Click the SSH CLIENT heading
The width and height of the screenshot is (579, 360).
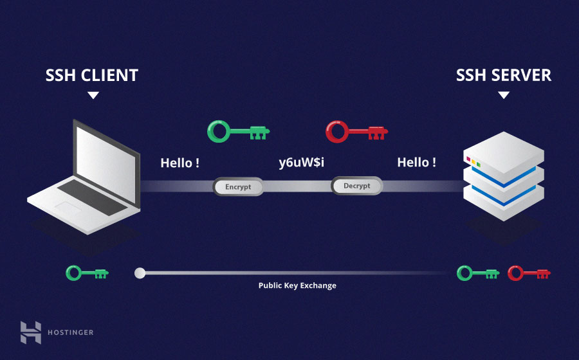click(x=92, y=75)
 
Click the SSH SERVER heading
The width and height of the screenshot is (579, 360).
click(x=504, y=75)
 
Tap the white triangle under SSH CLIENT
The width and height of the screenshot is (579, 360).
click(x=93, y=95)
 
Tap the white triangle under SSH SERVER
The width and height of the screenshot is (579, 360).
click(x=504, y=95)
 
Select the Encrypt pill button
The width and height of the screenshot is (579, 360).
click(x=238, y=187)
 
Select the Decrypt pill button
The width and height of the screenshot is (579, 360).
click(x=356, y=186)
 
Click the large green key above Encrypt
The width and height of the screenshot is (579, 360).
click(x=237, y=132)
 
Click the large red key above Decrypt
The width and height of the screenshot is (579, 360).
click(x=356, y=132)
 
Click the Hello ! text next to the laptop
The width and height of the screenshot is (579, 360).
click(x=179, y=163)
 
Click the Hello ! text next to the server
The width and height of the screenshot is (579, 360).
click(x=416, y=163)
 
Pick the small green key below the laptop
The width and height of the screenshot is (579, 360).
click(x=87, y=273)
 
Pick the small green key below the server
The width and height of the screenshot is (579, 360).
click(x=478, y=273)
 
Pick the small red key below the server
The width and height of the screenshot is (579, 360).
click(x=529, y=273)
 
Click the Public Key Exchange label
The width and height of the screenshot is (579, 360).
click(x=297, y=285)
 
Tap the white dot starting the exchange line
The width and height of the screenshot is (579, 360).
click(x=140, y=273)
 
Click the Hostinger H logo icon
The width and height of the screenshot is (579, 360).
click(x=30, y=332)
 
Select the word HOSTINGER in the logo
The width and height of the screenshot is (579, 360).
click(x=70, y=332)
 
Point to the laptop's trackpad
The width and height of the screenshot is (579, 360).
click(x=67, y=206)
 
